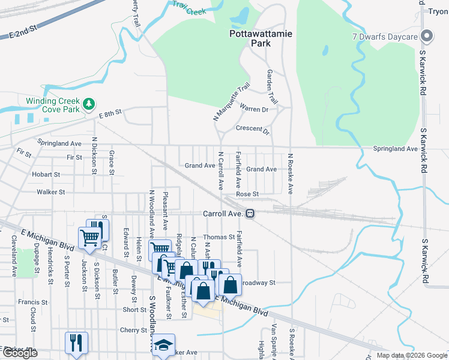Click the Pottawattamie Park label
(x=261, y=39)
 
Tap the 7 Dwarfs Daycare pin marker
(x=427, y=37)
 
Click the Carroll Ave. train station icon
(x=250, y=213)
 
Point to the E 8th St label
(x=109, y=112)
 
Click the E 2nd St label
(x=23, y=32)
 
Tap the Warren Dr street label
(x=254, y=109)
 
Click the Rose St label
(x=247, y=194)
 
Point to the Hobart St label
(x=46, y=175)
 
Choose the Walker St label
(x=50, y=192)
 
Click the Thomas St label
(x=218, y=238)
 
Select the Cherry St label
(x=129, y=330)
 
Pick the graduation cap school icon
(x=163, y=345)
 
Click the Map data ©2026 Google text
(x=411, y=355)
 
